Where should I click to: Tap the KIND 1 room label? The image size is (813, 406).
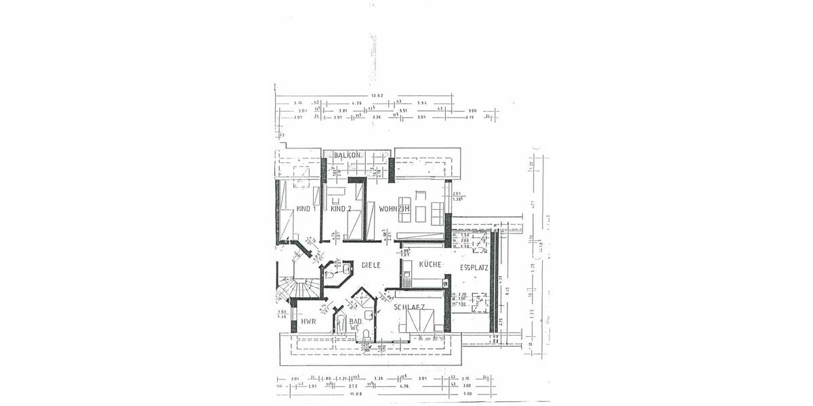[306, 209]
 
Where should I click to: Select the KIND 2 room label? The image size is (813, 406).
[340, 209]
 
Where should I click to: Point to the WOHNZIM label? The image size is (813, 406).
[394, 209]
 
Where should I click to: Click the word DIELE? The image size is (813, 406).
[371, 265]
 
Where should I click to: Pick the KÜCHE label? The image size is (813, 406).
[430, 265]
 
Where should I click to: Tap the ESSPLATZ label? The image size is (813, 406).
[474, 268]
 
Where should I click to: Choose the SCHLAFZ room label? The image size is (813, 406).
[409, 307]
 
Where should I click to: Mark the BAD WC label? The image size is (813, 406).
[356, 325]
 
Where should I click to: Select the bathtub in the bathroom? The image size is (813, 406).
[339, 325]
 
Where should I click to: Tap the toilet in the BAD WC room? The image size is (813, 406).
[366, 334]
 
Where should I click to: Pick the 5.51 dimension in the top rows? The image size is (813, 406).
[404, 110]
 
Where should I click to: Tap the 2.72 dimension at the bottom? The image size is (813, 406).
[353, 386]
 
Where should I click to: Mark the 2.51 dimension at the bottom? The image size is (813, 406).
[312, 386]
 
